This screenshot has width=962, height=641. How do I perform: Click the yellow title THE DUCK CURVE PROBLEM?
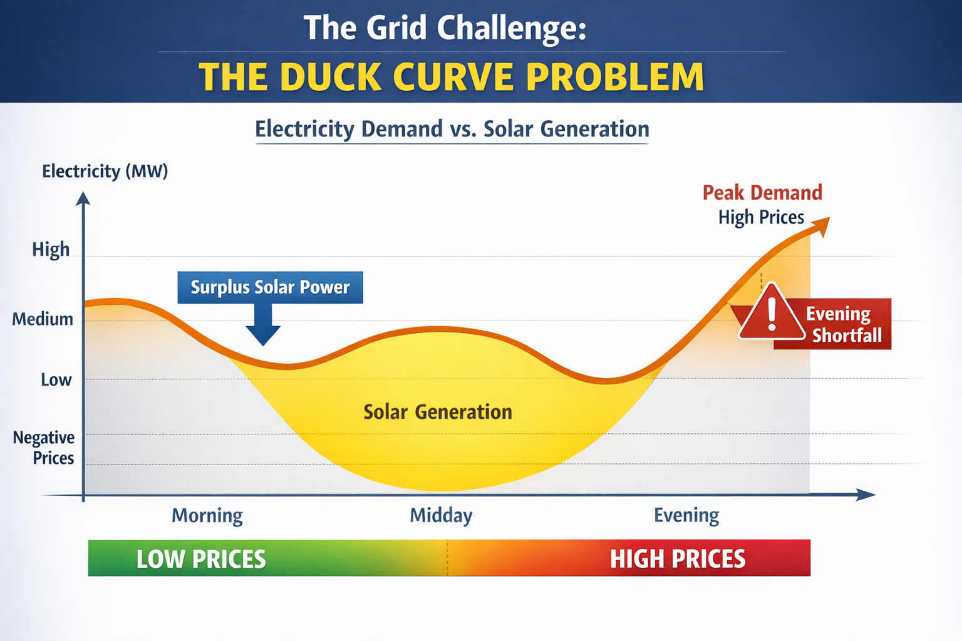pyautogui.click(x=451, y=77)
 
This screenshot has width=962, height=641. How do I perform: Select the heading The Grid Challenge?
pyautogui.click(x=445, y=28)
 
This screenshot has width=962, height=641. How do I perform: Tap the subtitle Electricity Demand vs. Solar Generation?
pyautogui.click(x=452, y=129)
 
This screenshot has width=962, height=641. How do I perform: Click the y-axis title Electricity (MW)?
pyautogui.click(x=105, y=171)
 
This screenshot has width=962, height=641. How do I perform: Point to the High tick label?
pyautogui.click(x=51, y=249)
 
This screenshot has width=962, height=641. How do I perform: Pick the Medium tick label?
pyautogui.click(x=43, y=319)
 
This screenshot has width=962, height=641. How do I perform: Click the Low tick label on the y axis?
pyautogui.click(x=56, y=380)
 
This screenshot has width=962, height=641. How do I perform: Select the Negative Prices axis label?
pyautogui.click(x=44, y=447)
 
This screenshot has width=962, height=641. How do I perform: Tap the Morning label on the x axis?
pyautogui.click(x=207, y=515)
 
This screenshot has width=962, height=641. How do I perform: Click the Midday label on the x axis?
pyautogui.click(x=441, y=515)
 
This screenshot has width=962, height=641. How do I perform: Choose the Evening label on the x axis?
pyautogui.click(x=686, y=515)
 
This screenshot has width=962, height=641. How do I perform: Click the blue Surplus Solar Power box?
pyautogui.click(x=270, y=287)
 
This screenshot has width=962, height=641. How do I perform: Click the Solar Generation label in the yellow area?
pyautogui.click(x=438, y=412)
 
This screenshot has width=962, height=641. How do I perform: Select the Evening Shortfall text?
pyautogui.click(x=842, y=324)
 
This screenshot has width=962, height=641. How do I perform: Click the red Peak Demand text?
pyautogui.click(x=762, y=193)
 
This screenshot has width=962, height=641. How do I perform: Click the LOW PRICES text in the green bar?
pyautogui.click(x=201, y=559)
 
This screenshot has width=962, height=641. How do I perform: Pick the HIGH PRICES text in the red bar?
pyautogui.click(x=678, y=559)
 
